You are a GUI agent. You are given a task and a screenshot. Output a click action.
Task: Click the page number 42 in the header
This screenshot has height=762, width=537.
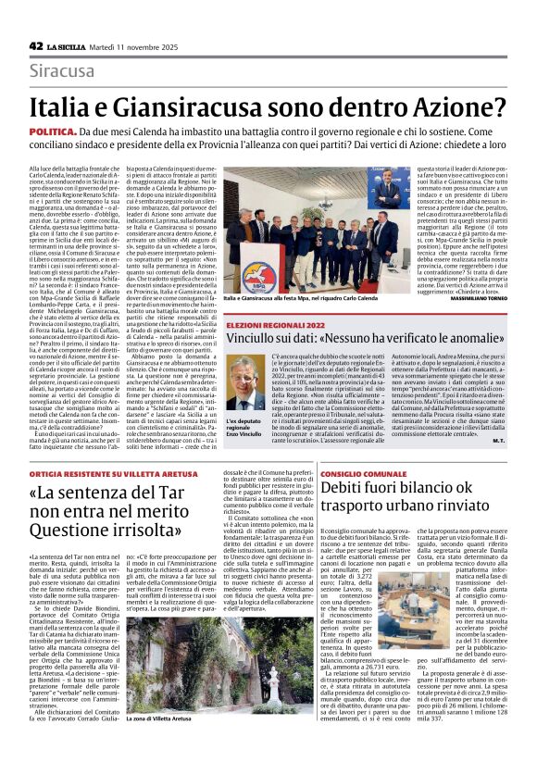point(36,45)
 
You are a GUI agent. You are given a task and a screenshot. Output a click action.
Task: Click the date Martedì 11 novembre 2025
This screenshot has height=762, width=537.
point(129,45)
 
